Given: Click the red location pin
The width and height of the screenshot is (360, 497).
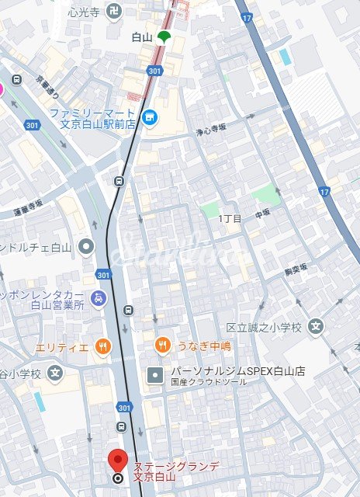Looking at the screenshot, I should click(117, 460).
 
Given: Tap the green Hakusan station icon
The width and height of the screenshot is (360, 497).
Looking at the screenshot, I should click(164, 36).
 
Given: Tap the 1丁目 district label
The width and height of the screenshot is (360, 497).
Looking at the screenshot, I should click(230, 219).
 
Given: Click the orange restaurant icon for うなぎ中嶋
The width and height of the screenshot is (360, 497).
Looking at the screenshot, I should click(162, 345).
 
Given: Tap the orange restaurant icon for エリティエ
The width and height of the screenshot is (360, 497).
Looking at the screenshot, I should click(102, 347).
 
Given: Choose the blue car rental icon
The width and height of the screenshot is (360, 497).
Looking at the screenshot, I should click(98, 297).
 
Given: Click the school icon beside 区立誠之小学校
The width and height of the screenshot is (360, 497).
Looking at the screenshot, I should click(315, 326).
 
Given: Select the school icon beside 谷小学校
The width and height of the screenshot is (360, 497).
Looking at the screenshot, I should click(54, 374).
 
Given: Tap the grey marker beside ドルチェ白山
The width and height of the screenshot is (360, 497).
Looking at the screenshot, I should click(87, 248).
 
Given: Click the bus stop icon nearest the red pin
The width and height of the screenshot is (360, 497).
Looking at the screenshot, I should click(121, 427).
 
